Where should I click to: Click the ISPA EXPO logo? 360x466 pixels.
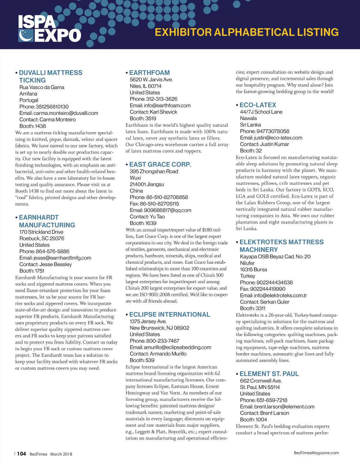[x=49, y=29]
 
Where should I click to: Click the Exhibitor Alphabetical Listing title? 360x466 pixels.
[x=247, y=32]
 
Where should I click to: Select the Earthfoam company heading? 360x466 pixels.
[x=149, y=73]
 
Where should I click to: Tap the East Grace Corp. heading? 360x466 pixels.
[x=160, y=164]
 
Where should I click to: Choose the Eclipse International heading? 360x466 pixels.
[x=169, y=314]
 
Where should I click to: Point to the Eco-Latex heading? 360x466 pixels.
[x=258, y=105]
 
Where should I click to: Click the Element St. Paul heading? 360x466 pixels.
[x=269, y=374]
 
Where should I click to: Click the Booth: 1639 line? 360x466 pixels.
[x=143, y=223]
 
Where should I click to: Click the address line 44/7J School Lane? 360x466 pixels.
[x=261, y=112]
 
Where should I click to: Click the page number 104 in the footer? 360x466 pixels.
[x=21, y=454]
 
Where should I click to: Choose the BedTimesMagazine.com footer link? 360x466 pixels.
[x=316, y=453]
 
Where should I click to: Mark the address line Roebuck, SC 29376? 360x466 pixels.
[x=42, y=239]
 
